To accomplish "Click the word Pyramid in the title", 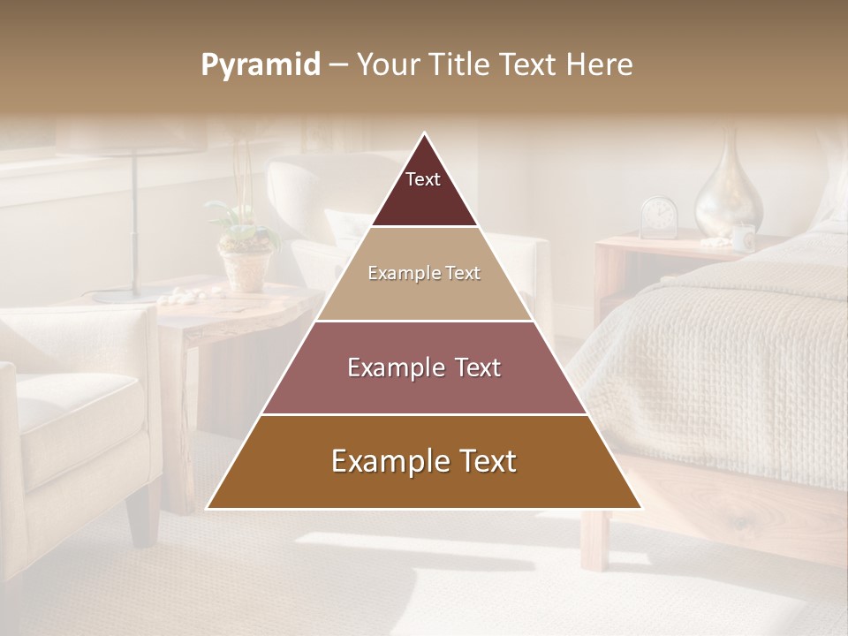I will [260, 65].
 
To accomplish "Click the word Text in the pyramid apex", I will [422, 179].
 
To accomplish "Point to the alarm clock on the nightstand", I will [658, 217].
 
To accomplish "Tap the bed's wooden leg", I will [594, 539].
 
